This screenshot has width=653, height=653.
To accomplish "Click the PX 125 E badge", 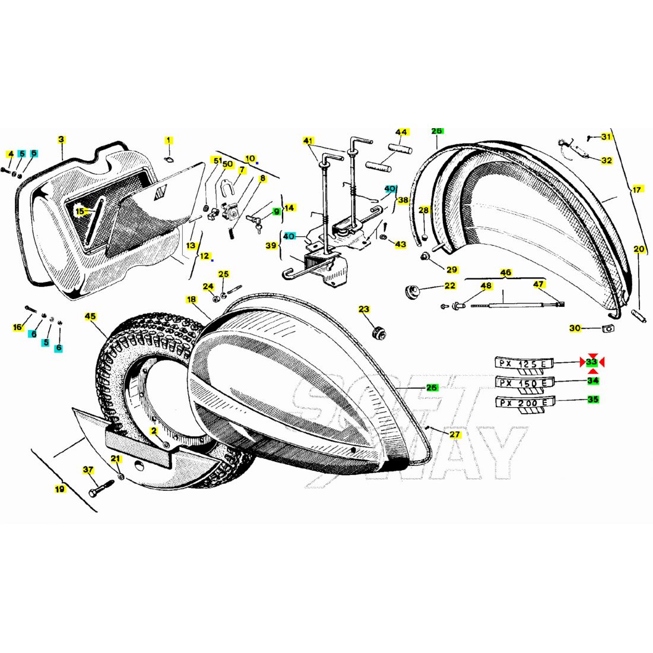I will (524, 364).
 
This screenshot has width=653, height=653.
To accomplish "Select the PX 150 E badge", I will (524, 383).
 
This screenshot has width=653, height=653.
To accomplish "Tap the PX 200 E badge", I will (524, 403).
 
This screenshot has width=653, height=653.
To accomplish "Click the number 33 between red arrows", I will (592, 362).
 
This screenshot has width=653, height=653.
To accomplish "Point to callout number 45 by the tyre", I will (90, 316).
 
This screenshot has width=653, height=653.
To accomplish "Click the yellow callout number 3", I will (61, 140).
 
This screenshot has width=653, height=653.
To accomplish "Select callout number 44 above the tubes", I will (402, 132).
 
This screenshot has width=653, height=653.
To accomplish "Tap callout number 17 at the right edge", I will (637, 190).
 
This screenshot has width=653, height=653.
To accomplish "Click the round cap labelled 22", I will (410, 291).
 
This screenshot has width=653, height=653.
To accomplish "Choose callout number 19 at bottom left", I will (59, 489).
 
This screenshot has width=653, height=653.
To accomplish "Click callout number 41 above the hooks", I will (308, 141).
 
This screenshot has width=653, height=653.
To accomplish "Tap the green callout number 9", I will (276, 211).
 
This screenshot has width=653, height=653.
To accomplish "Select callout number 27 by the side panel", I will (455, 435).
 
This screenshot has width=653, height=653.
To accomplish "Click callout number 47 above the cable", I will (538, 284).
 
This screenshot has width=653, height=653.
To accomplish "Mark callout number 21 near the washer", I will (116, 458).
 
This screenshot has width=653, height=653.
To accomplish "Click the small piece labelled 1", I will (168, 159).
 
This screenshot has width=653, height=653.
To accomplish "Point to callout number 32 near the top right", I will (606, 160).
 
